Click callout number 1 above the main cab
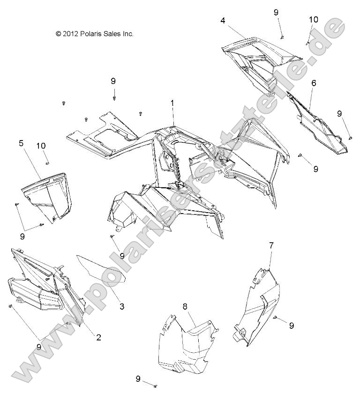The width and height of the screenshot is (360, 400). coord(172,102)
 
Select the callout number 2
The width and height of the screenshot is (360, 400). coord(98,337)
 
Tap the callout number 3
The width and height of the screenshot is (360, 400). coord(121,307)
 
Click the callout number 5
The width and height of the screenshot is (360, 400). coord(22,143)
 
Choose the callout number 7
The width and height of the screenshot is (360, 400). coord(271,245)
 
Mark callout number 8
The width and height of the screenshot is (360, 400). coord(185,306)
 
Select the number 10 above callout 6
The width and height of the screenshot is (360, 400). coord(313,19)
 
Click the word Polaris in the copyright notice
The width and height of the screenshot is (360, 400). coord(92,34)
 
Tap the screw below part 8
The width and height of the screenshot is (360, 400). coord(156,385)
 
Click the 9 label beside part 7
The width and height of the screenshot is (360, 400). coord(291,325)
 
